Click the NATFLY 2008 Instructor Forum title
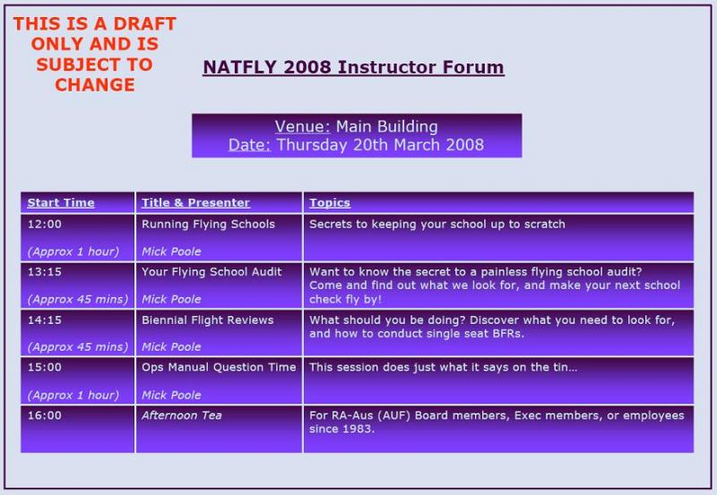tap(353, 67)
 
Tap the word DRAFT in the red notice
tap(144, 24)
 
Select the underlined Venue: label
tap(302, 126)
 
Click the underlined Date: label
tap(250, 145)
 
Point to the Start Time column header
tap(61, 203)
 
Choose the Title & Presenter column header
tap(195, 203)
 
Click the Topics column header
tap(330, 203)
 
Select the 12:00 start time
tap(44, 224)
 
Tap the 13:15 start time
tap(44, 272)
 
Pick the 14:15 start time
tap(44, 320)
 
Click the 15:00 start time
tap(44, 367)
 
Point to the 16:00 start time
tap(44, 415)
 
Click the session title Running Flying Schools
tap(208, 224)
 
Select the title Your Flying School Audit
tap(212, 272)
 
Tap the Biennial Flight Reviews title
tap(208, 320)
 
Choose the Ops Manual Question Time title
tap(219, 368)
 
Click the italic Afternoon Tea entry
tap(182, 415)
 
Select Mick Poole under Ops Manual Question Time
tap(171, 395)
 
